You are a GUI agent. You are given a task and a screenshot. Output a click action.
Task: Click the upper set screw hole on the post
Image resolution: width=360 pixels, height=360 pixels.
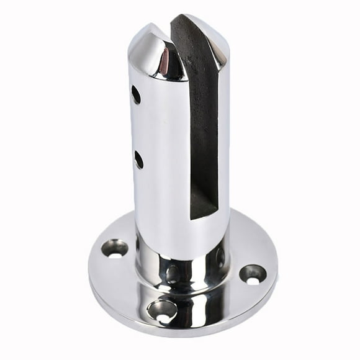[136, 94]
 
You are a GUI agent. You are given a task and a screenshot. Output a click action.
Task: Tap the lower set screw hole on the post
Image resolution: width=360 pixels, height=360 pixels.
[138, 160]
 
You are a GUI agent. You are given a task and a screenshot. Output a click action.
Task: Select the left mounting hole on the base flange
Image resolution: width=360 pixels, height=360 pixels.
[115, 248]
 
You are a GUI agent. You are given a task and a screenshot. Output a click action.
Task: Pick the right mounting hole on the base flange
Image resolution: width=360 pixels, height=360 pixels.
[253, 274]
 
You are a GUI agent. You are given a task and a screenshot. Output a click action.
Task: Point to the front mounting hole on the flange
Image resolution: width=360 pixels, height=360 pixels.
[162, 310]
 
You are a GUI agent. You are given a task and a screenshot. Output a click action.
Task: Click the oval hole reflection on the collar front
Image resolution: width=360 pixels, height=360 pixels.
[174, 273]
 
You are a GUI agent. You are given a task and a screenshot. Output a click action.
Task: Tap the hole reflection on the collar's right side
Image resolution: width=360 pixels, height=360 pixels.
[219, 256]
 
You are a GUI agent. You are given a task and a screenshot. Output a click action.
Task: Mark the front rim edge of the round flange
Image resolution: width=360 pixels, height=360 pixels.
[186, 336]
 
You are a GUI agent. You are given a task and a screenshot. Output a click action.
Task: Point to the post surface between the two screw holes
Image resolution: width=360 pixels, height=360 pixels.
[138, 127]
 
